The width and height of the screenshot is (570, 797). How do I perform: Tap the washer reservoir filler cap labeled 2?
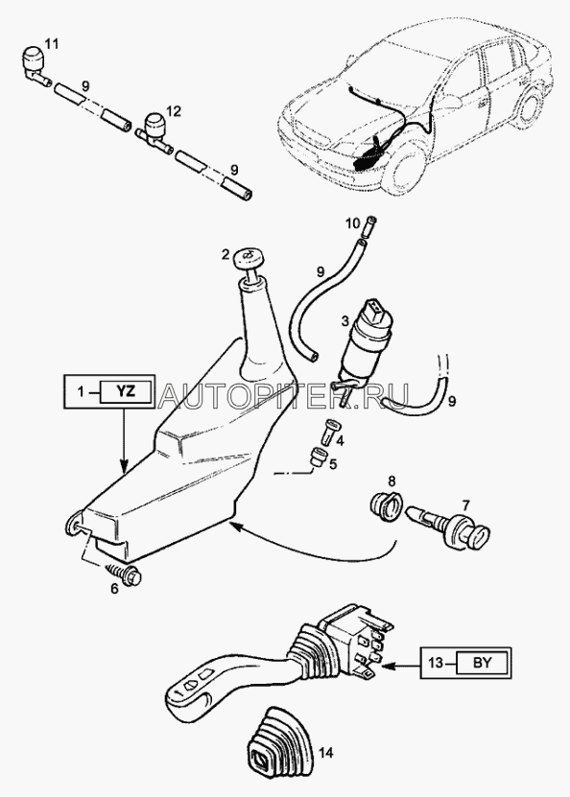248,262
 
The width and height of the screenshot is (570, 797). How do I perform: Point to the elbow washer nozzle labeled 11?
36,65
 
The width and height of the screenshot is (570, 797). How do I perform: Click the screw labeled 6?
125,573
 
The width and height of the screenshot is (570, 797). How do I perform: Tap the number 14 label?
325,752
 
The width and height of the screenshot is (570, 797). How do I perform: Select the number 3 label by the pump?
344,320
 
